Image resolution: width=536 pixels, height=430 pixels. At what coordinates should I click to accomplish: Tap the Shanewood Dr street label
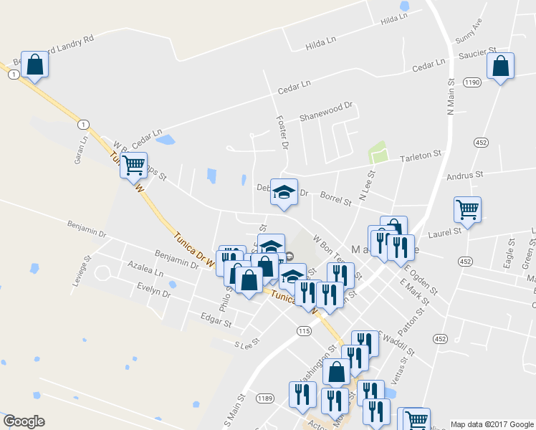point(327,110)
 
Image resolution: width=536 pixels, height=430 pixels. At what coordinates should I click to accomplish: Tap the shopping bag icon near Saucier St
point(501,67)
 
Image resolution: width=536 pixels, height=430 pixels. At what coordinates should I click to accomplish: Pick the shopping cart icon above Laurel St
point(467,210)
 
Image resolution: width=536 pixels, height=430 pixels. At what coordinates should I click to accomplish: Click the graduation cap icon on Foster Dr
point(284,191)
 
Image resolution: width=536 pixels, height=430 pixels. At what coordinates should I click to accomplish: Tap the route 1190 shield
point(471,83)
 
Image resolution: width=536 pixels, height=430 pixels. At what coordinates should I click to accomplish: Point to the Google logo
point(24,421)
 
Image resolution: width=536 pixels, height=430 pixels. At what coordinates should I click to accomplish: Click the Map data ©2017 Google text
point(491,424)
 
